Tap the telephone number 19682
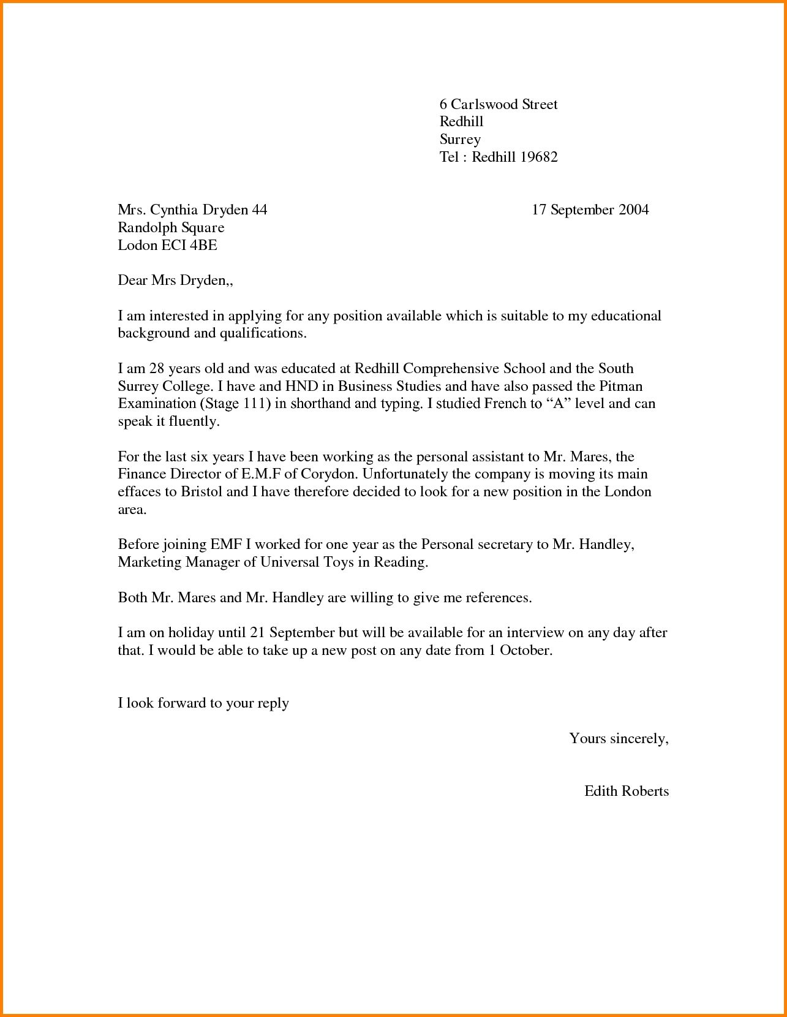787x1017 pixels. [x=539, y=157]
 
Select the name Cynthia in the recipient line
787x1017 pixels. [x=174, y=210]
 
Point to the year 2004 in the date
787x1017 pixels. [x=633, y=210]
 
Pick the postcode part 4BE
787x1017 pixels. [x=204, y=246]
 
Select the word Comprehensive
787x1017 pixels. [x=451, y=369]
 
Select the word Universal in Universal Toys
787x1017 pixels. [x=290, y=562]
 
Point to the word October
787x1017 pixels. [x=525, y=651]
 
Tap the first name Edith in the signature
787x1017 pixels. [x=602, y=792]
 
